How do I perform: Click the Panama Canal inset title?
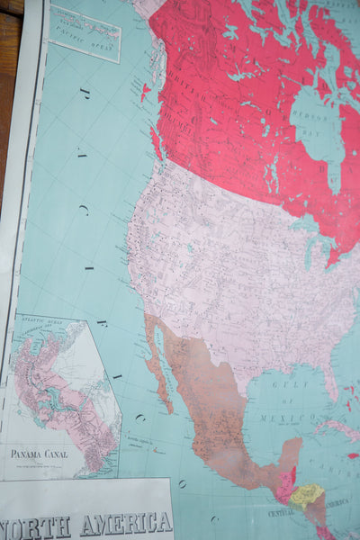pos(38,454)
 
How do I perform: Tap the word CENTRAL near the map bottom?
pos(290,511)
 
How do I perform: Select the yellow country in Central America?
pos(306,494)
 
